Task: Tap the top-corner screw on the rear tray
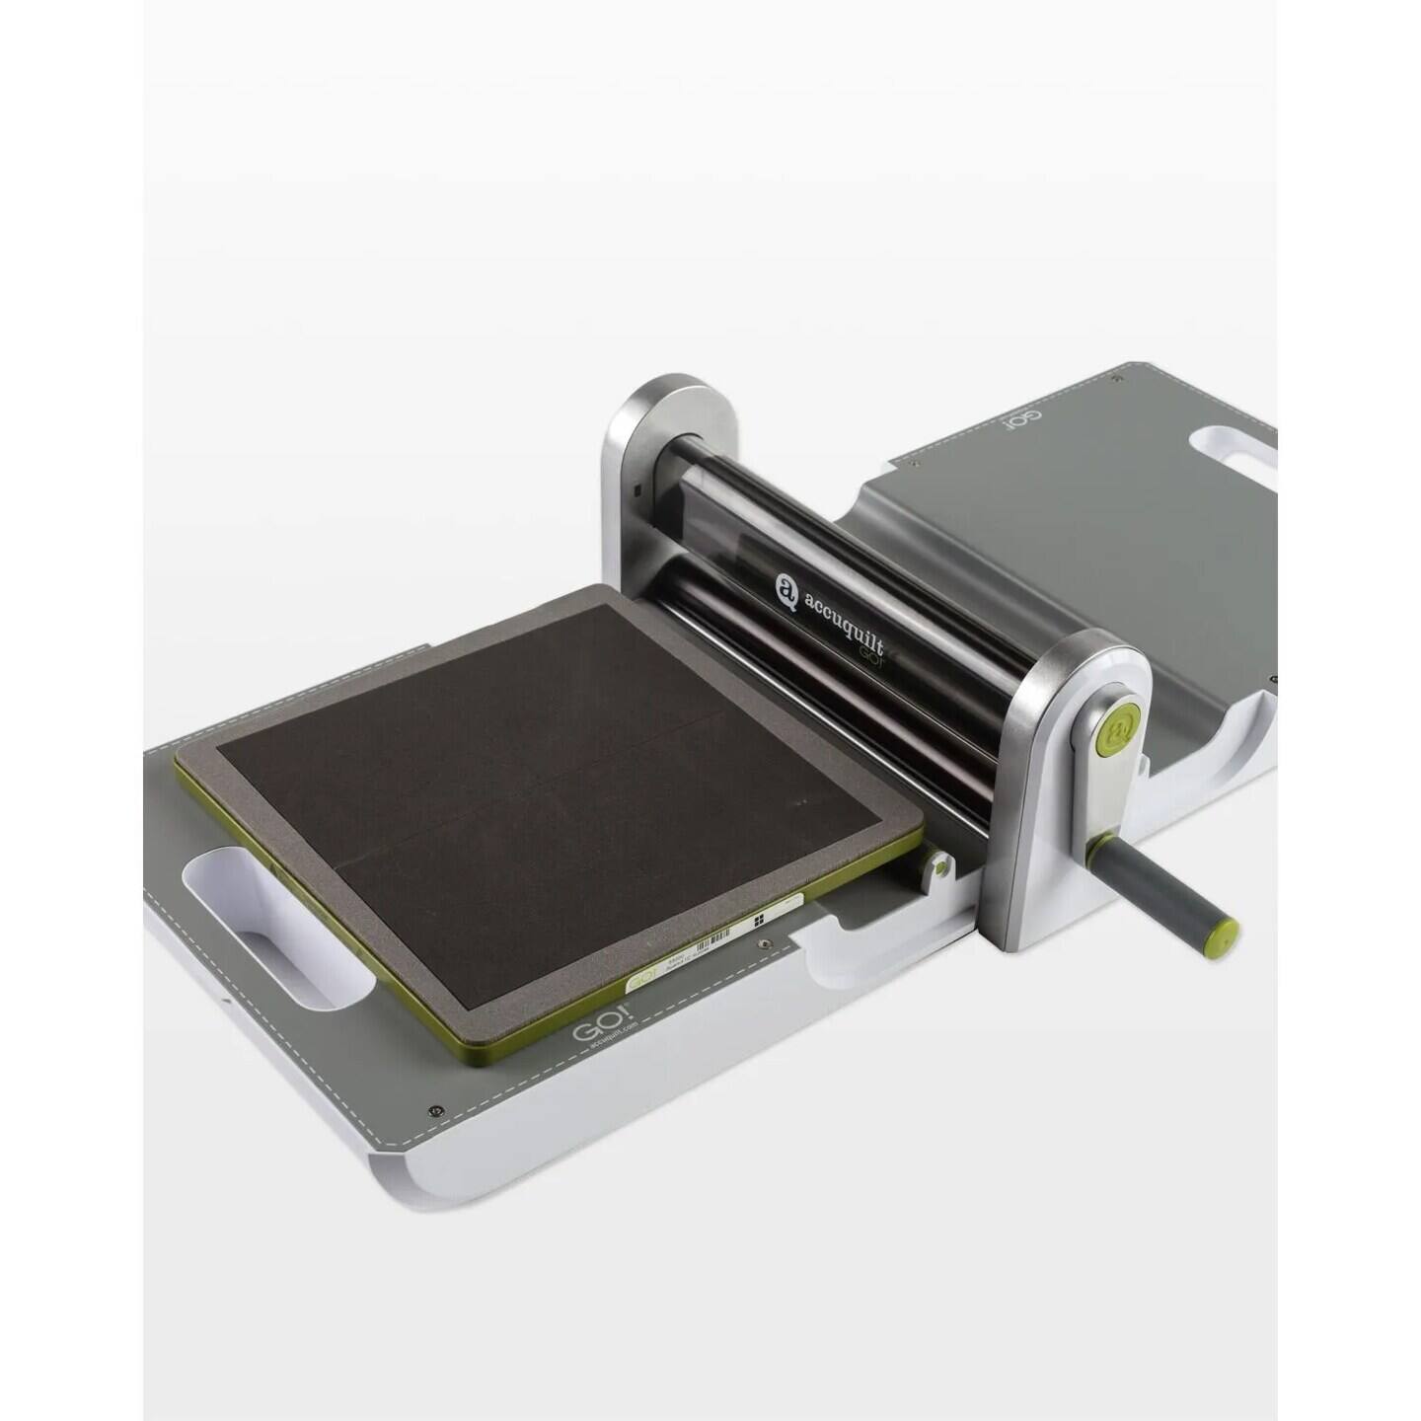[x=1115, y=379]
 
